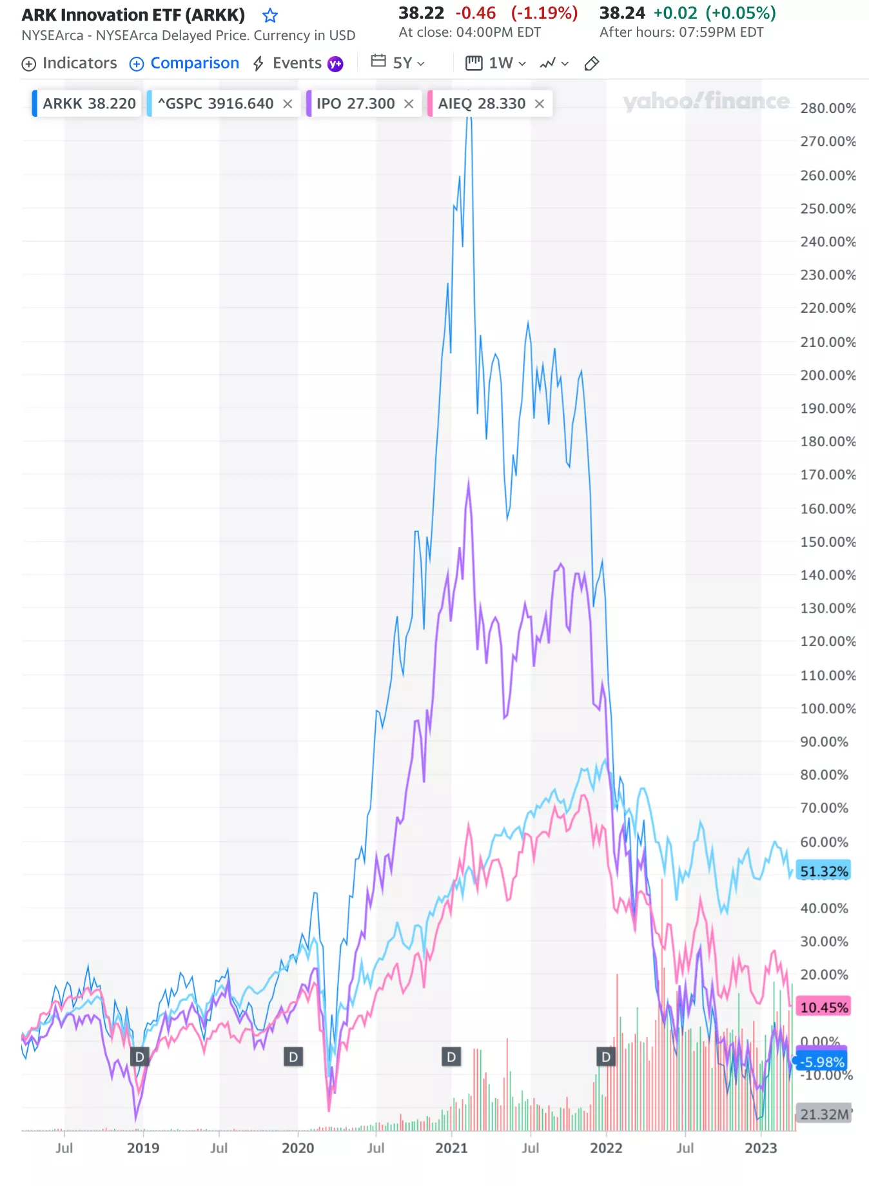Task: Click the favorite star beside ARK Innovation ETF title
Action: [270, 15]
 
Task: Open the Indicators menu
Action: [70, 63]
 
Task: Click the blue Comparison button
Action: [184, 63]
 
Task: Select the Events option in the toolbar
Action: [297, 63]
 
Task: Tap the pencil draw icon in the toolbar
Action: [591, 63]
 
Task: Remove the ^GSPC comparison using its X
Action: [288, 104]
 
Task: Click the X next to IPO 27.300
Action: [409, 104]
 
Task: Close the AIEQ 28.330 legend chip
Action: [540, 104]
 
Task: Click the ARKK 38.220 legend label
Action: [89, 104]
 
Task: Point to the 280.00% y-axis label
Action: [828, 108]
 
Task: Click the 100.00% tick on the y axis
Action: [828, 709]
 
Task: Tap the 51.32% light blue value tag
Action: [824, 871]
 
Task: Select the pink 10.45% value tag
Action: [824, 1007]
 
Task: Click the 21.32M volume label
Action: [824, 1114]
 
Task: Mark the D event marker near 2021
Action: [451, 1057]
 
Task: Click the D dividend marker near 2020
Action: [293, 1057]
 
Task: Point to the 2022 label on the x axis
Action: [606, 1148]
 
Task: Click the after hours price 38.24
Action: [622, 14]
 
